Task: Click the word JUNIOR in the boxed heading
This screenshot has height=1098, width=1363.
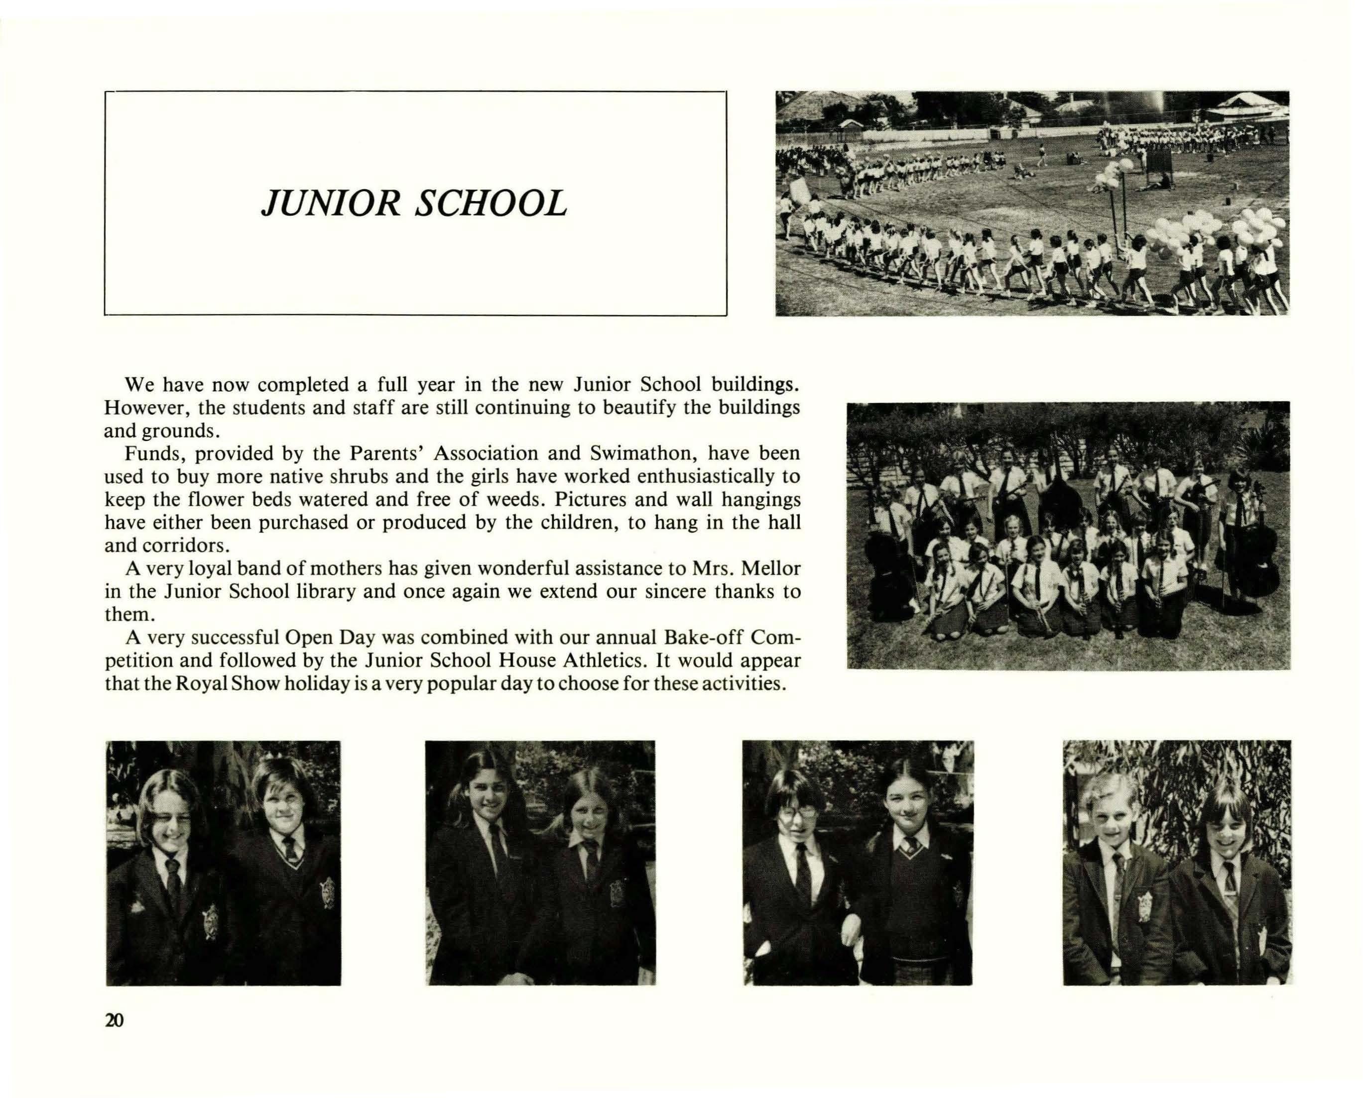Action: tap(330, 204)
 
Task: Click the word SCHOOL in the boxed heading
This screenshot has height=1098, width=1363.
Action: tap(491, 204)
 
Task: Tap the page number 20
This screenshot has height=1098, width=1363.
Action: tap(115, 1020)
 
